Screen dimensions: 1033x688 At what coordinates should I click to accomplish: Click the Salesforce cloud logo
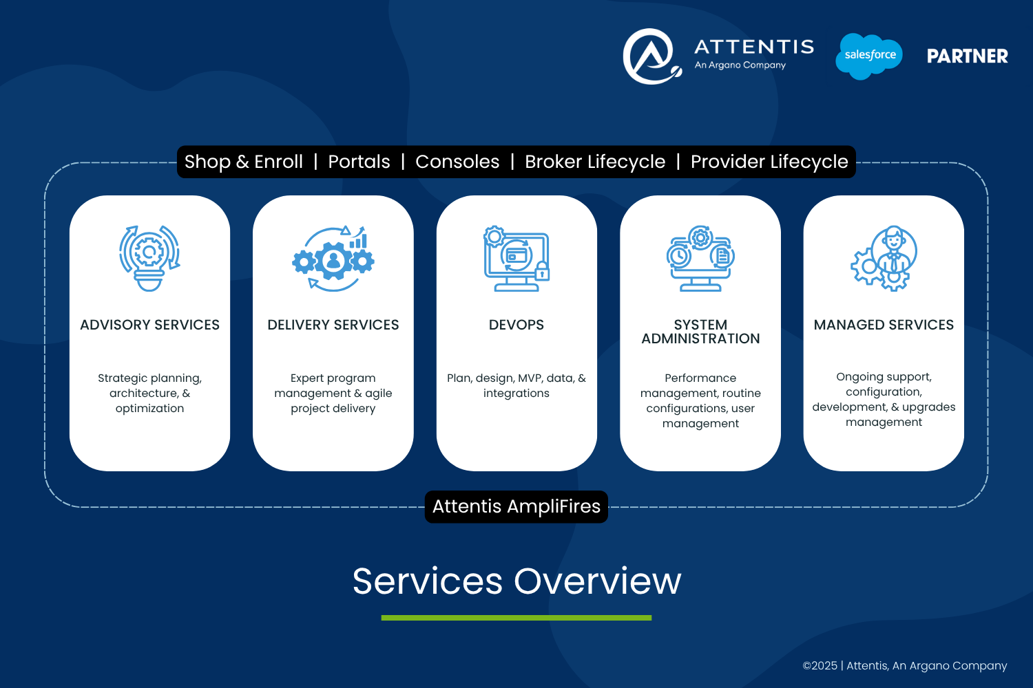tap(869, 56)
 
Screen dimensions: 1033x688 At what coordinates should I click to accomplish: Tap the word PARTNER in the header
tap(968, 56)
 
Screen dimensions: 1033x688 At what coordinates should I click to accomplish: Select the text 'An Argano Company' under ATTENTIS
tap(740, 65)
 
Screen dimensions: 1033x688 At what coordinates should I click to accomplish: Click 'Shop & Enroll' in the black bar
tap(244, 162)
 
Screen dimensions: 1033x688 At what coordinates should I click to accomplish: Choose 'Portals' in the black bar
tap(359, 162)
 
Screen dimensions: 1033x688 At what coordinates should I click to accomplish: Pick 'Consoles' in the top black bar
tap(457, 162)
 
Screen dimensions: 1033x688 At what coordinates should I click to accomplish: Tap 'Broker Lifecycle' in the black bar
tap(595, 162)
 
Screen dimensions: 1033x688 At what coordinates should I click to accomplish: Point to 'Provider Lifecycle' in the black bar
tap(769, 162)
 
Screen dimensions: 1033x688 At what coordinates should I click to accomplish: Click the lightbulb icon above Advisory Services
tap(149, 258)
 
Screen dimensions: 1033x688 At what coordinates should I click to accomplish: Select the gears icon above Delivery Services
tap(333, 259)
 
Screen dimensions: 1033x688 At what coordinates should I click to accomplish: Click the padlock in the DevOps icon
tap(542, 271)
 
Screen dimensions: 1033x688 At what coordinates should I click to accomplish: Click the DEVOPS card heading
tap(516, 325)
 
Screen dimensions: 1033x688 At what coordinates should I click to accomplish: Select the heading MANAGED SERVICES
tap(884, 325)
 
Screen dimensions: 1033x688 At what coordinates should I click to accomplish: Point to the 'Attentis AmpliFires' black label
tap(516, 506)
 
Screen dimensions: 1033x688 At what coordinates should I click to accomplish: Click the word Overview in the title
tap(597, 581)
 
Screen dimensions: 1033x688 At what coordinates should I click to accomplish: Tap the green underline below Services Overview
tap(516, 618)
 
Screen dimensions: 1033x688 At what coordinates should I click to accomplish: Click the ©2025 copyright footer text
tap(905, 666)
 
